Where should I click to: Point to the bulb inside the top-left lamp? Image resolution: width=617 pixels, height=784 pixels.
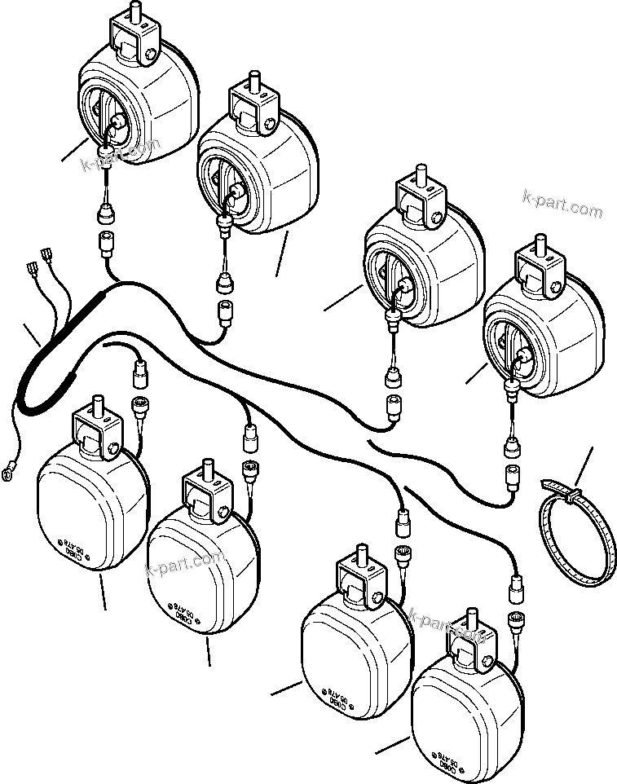tap(116, 123)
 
